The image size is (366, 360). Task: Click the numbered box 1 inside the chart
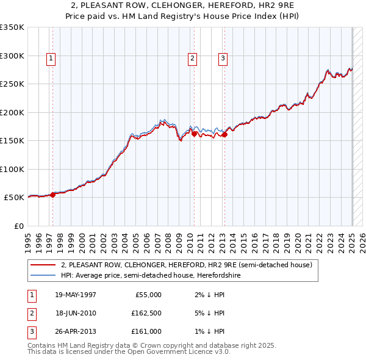[51, 59]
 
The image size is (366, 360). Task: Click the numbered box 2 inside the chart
[192, 59]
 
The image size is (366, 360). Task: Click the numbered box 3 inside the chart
[223, 59]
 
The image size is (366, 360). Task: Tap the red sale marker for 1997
[53, 195]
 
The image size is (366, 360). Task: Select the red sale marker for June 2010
[194, 134]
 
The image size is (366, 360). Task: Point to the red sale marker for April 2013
[224, 135]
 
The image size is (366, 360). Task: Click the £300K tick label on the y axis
[12, 56]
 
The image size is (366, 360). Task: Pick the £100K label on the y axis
[12, 169]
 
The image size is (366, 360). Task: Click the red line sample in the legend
[43, 265]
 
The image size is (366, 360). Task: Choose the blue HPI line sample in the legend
[43, 275]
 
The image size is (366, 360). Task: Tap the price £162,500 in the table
[146, 313]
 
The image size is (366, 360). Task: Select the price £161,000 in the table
[146, 331]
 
